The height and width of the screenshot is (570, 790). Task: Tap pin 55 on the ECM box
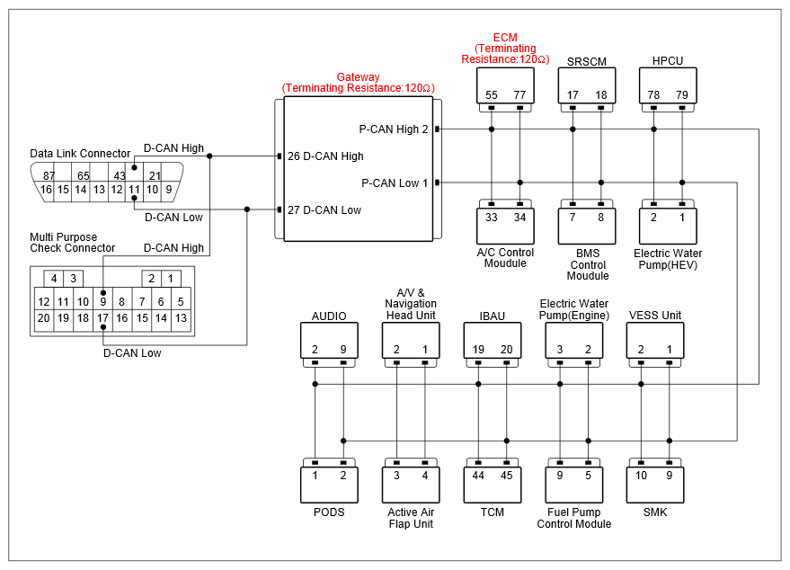point(492,94)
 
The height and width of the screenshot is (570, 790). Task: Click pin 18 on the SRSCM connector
point(601,94)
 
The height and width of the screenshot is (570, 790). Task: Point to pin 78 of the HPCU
point(653,94)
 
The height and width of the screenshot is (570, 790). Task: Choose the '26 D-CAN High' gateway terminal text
point(325,156)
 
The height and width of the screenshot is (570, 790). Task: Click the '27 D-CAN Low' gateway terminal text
point(324,210)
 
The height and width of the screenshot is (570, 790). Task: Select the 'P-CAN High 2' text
point(394,129)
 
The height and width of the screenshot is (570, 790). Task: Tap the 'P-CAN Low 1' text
point(395,183)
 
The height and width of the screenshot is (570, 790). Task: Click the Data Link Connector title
point(80,153)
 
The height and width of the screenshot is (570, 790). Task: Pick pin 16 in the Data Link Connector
point(46,190)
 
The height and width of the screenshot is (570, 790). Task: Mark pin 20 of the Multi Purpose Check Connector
point(44,318)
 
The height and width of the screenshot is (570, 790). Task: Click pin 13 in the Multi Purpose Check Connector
point(181,318)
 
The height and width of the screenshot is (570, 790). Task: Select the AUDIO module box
point(329,340)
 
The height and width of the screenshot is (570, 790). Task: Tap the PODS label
point(329,512)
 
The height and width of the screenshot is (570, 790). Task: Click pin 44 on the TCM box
point(478,476)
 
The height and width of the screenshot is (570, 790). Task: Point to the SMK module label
point(655,512)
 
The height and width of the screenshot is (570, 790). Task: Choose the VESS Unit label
point(655,316)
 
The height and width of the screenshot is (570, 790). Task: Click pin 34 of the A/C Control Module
point(519,218)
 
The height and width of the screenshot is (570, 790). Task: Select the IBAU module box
point(493,340)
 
